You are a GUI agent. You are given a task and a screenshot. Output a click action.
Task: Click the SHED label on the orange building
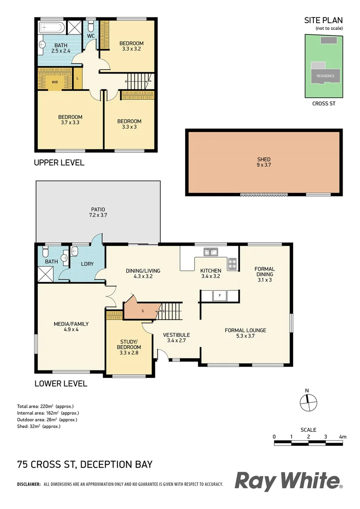pyautogui.click(x=264, y=159)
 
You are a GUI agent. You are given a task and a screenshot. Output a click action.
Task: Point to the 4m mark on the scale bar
pyautogui.click(x=343, y=437)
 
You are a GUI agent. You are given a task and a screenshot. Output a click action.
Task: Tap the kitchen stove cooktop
pyautogui.click(x=232, y=264)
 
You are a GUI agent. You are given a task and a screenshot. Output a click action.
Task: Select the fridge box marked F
pyautogui.click(x=220, y=296)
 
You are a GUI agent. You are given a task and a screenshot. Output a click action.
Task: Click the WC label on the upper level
pyautogui.click(x=91, y=36)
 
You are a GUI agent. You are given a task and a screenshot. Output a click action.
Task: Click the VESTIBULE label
pyautogui.click(x=176, y=335)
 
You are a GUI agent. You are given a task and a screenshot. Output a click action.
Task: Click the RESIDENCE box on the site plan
pyautogui.click(x=325, y=76)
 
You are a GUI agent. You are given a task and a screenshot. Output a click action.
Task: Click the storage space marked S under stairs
pyautogui.click(x=142, y=311)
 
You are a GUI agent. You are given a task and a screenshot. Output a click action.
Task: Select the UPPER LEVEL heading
pyautogui.click(x=59, y=163)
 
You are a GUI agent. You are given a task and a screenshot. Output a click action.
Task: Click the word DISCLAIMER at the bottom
pyautogui.click(x=29, y=484)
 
